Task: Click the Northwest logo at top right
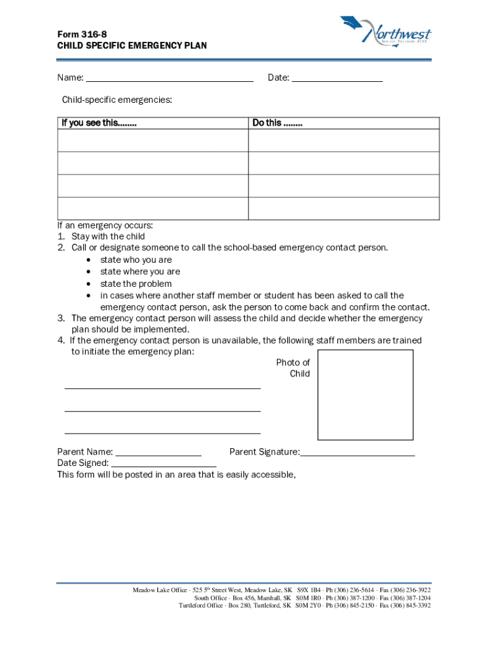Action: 386,30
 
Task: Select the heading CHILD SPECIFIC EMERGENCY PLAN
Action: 132,46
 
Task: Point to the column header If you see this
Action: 99,123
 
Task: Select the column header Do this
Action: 277,123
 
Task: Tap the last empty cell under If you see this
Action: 152,208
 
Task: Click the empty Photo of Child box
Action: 365,394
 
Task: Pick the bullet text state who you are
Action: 136,260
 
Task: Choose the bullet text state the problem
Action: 136,284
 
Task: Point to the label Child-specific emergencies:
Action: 117,100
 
